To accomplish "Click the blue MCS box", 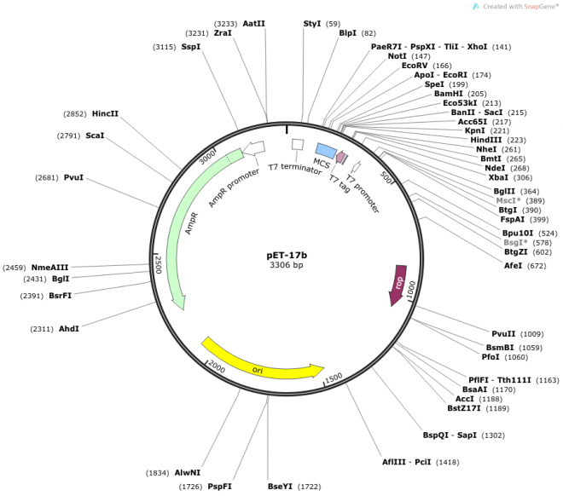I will click(x=324, y=152).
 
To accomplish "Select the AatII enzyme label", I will click(x=253, y=24).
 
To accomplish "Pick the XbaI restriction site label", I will click(x=498, y=177).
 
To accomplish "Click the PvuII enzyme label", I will click(x=503, y=333).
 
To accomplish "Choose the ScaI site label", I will click(x=95, y=135).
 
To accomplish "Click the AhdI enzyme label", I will click(x=69, y=328).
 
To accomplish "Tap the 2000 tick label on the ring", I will click(x=217, y=366).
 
